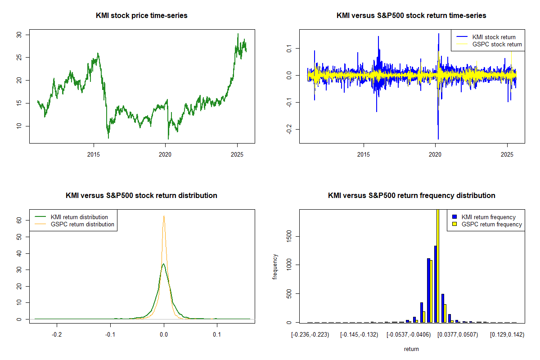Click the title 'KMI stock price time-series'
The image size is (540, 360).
pos(142,16)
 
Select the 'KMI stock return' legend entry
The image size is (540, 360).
pos(494,37)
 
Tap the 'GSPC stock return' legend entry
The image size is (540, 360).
pos(497,44)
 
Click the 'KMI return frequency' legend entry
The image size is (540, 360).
pos(488,217)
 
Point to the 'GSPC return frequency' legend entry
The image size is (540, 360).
pos(491,224)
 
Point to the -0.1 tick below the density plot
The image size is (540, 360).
pos(110,335)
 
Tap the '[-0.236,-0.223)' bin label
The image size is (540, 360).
pos(310,335)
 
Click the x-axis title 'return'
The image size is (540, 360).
pos(411,349)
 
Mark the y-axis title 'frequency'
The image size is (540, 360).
pos(275,266)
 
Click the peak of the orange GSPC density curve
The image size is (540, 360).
pos(164,216)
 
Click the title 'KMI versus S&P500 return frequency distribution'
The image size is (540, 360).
pos(411,196)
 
